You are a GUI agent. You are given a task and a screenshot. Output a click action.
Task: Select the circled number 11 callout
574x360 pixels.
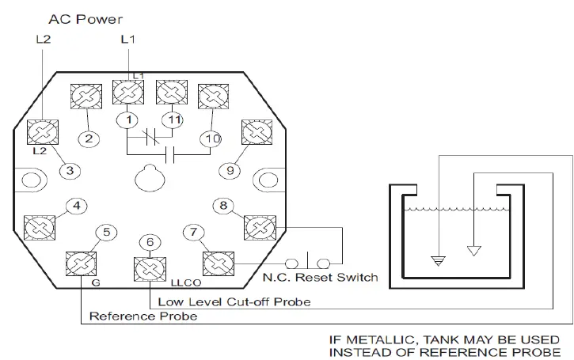pyautogui.click(x=174, y=120)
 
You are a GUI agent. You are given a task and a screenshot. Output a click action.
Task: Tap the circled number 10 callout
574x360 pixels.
pyautogui.click(x=210, y=139)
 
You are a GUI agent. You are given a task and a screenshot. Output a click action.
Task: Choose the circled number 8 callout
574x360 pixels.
pyautogui.click(x=224, y=207)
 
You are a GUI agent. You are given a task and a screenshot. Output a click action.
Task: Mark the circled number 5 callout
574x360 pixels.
pyautogui.click(x=108, y=232)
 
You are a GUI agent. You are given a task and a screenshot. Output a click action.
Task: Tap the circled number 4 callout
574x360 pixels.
pyautogui.click(x=76, y=207)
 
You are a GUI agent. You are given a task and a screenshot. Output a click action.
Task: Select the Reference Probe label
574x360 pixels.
pyautogui.click(x=143, y=316)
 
